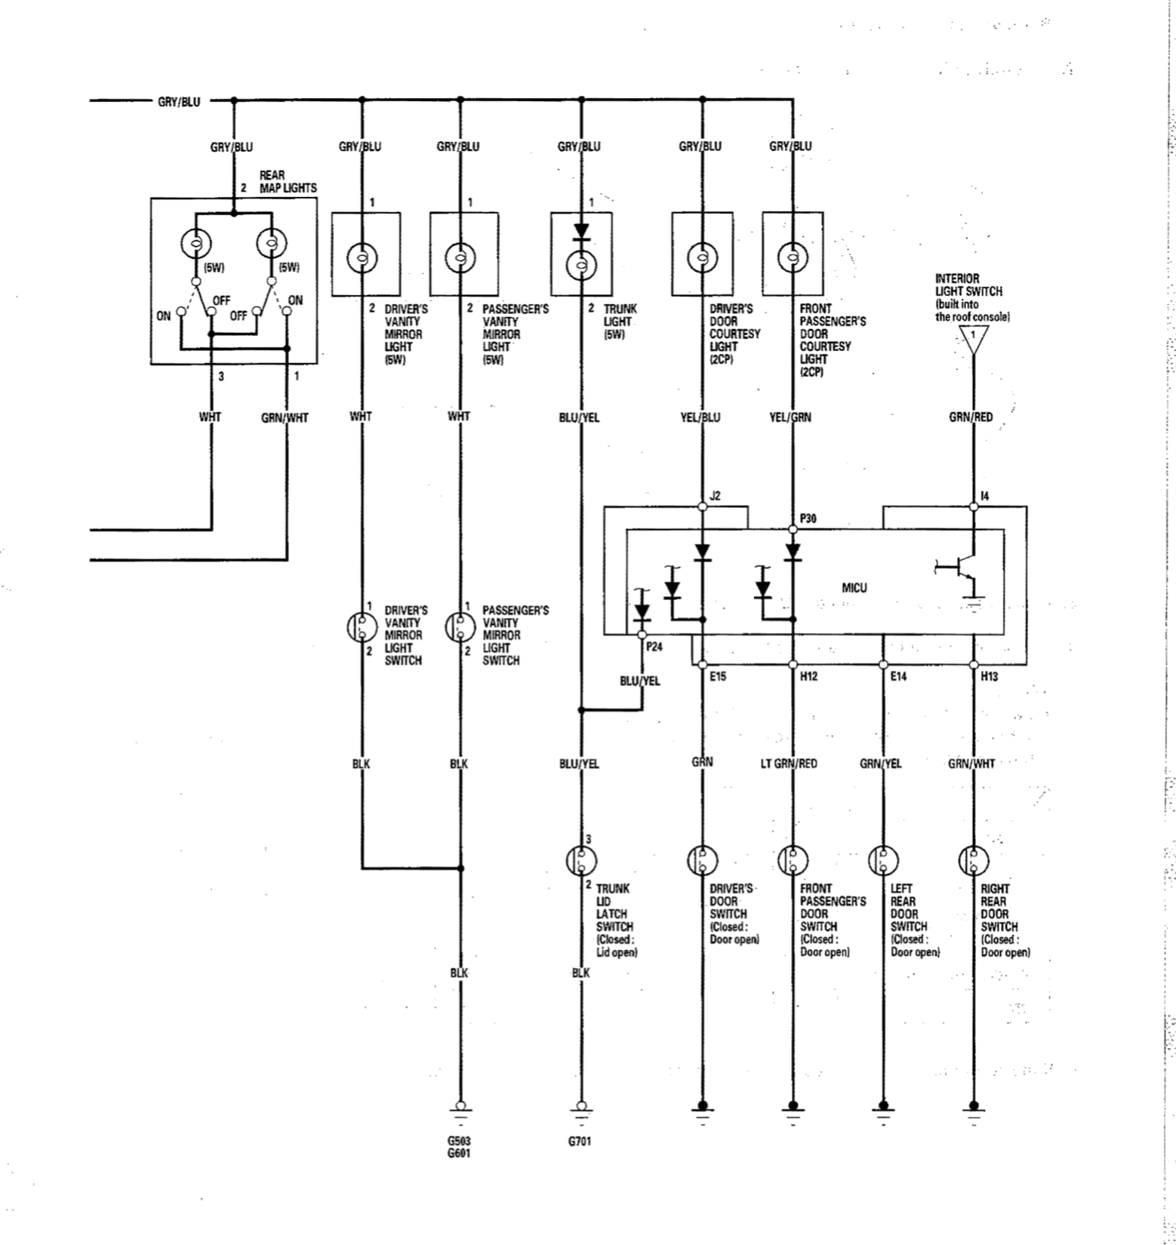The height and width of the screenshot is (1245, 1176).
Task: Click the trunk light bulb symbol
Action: click(x=581, y=263)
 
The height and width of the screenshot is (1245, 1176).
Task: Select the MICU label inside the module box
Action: click(x=854, y=588)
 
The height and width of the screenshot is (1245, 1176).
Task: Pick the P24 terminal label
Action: click(x=654, y=647)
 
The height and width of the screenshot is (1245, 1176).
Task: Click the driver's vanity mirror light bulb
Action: click(x=362, y=258)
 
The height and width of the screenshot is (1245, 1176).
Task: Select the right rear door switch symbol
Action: click(x=974, y=859)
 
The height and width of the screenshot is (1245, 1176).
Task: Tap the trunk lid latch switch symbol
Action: click(x=581, y=859)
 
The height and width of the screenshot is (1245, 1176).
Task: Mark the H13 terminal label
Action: click(x=989, y=677)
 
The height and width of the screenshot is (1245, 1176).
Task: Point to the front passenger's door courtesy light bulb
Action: click(x=793, y=257)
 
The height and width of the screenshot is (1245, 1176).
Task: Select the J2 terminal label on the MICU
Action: click(x=716, y=496)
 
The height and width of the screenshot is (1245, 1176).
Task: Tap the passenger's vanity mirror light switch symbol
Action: click(x=460, y=626)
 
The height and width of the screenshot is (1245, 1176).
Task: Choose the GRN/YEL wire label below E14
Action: click(x=880, y=764)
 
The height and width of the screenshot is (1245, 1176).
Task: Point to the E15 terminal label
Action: click(x=718, y=677)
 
